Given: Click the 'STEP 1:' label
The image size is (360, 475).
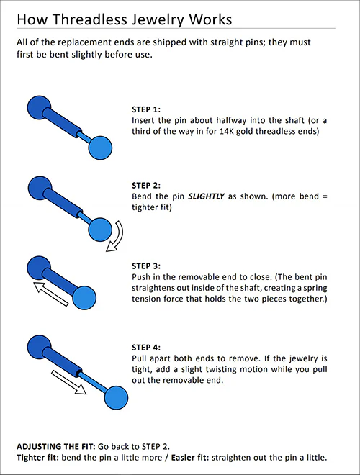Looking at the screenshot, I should [148, 109].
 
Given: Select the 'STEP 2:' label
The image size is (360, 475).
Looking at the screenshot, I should [148, 185].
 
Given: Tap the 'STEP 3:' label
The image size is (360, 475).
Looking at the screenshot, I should [148, 265].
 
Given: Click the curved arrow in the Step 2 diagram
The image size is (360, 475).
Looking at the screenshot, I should [116, 237].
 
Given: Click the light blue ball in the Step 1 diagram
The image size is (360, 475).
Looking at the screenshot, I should [102, 149].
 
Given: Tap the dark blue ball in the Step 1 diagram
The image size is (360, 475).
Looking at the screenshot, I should [37, 107].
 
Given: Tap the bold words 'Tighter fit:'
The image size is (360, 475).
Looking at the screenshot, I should [37, 458].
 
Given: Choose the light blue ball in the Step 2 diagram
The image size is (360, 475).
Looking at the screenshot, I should [102, 230].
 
